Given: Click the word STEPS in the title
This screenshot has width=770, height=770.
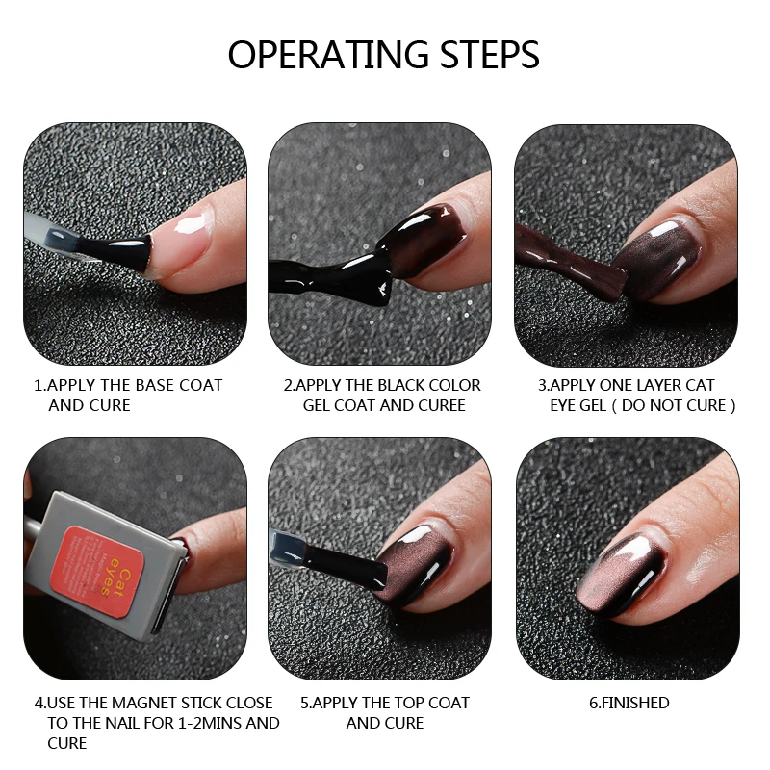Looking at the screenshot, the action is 490,54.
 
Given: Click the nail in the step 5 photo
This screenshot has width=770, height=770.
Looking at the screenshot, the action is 418,565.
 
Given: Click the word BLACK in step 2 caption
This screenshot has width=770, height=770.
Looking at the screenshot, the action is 403,386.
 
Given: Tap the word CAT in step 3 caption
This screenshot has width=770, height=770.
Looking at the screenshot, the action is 700,386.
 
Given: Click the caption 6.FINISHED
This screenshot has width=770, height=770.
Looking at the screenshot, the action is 629,704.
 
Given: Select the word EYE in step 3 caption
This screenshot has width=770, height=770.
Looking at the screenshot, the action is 565,405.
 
